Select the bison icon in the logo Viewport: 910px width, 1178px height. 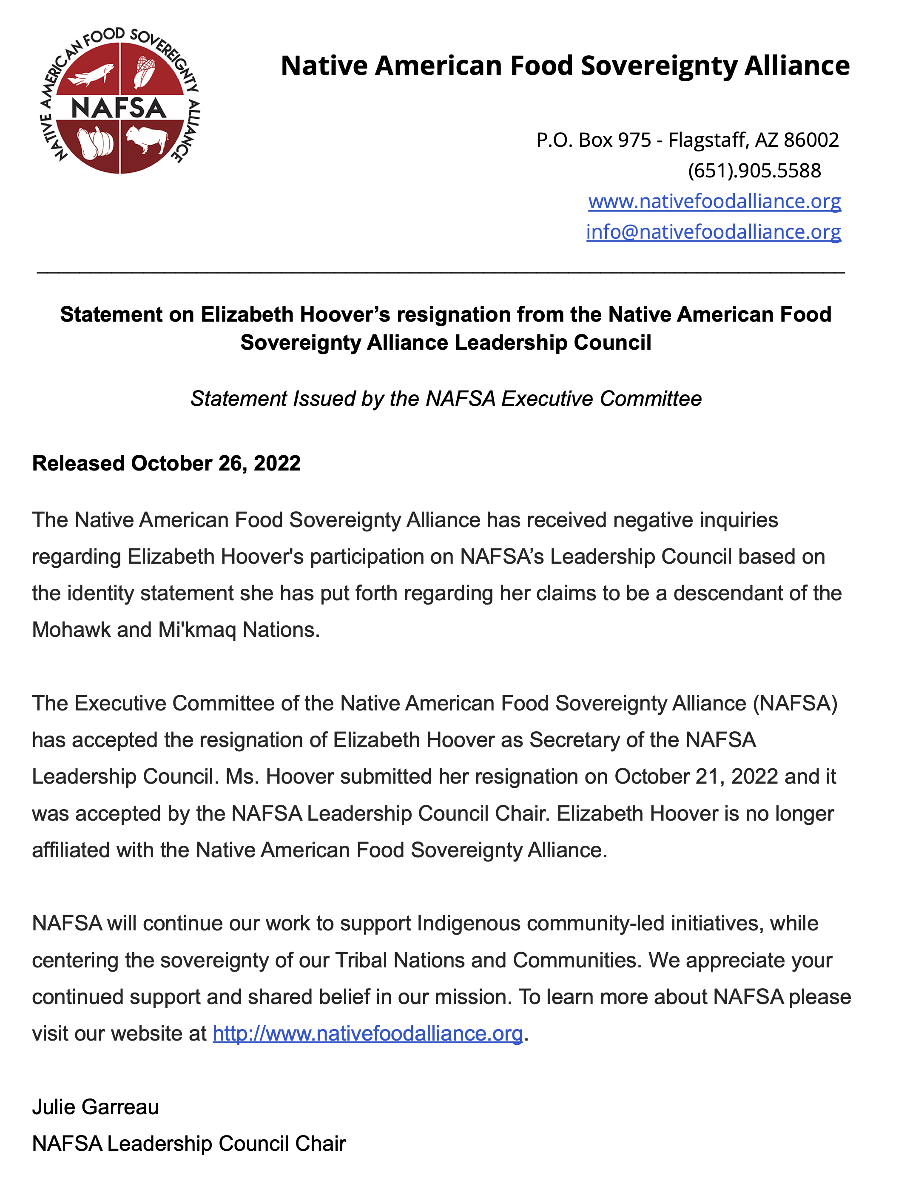tap(146, 139)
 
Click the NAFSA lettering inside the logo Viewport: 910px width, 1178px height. tap(119, 108)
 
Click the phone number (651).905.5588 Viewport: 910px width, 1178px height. tap(754, 171)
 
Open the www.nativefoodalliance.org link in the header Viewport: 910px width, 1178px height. tap(714, 201)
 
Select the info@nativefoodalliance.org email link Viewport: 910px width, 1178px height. tap(713, 232)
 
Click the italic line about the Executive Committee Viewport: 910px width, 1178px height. tap(446, 399)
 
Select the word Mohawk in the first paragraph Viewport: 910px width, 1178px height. tap(71, 630)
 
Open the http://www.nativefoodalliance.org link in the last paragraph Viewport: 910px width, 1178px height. tap(368, 1033)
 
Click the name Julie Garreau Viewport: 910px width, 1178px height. tap(95, 1107)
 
